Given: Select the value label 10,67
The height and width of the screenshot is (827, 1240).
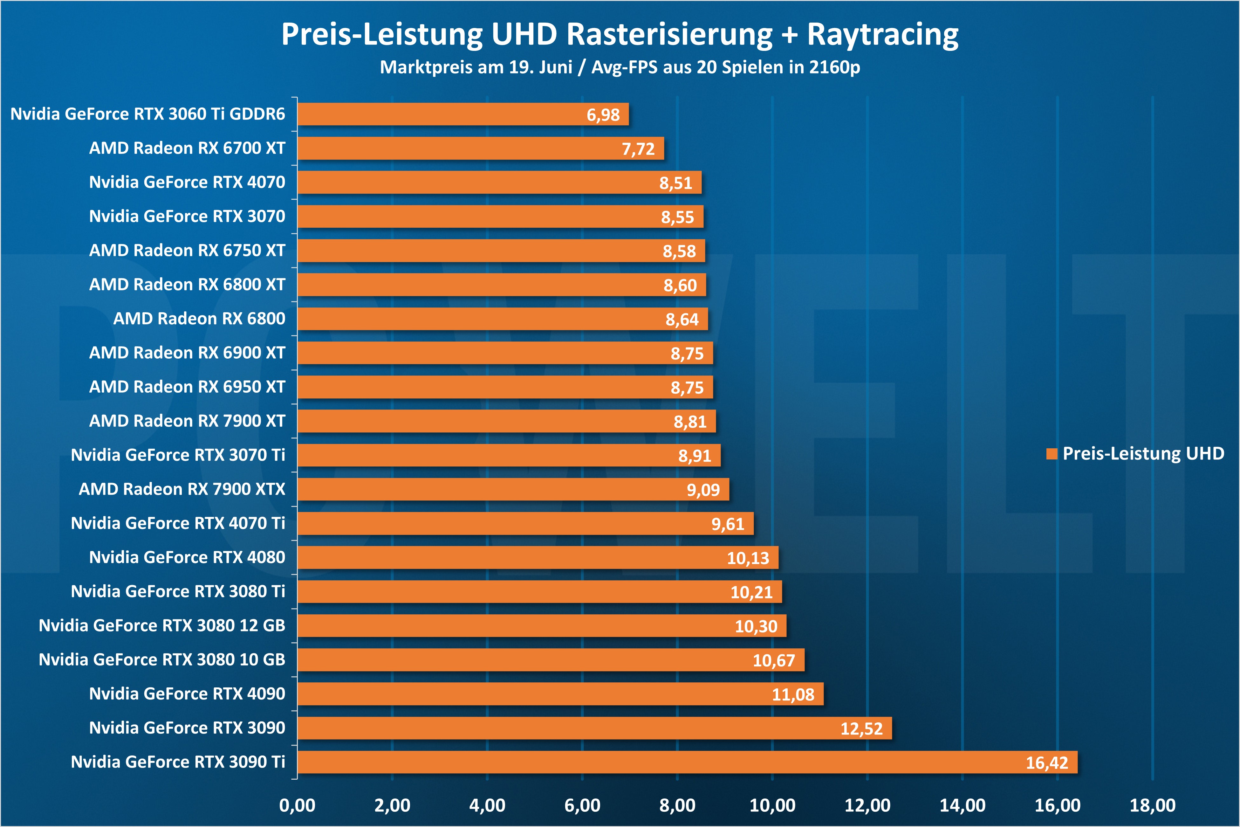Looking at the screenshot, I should point(773,660).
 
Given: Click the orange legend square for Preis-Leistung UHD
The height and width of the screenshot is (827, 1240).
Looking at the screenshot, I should point(1052,454).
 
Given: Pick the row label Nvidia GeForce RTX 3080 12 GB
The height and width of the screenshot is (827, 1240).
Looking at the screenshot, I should point(162,625).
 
